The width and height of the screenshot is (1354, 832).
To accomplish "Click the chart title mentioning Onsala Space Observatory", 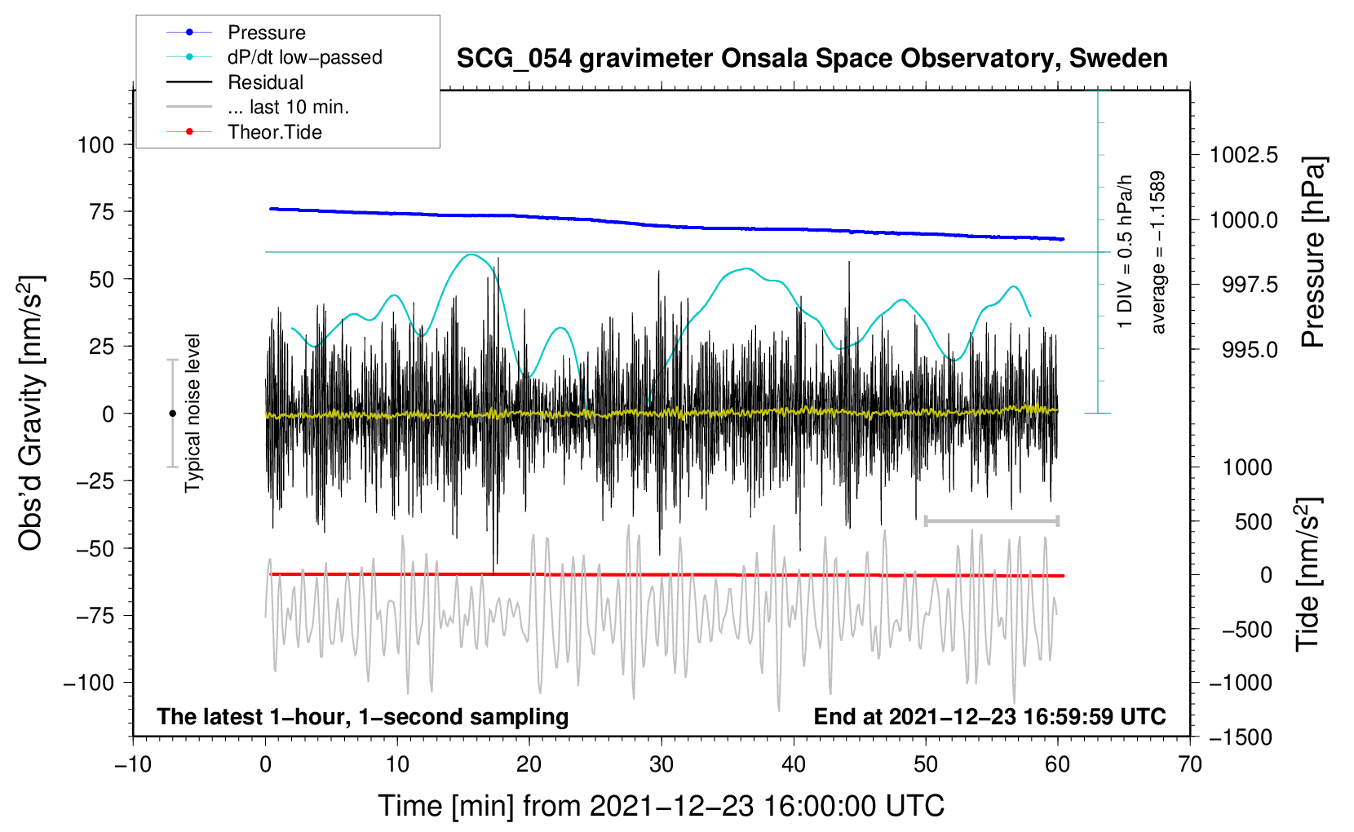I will [x=812, y=59].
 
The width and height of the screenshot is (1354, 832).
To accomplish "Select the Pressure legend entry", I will [x=267, y=33].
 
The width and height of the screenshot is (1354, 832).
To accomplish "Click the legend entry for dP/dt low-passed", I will [x=304, y=57].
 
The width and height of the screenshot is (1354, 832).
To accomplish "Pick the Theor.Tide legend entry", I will [x=275, y=132].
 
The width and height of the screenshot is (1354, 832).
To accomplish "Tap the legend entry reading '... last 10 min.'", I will [x=288, y=107].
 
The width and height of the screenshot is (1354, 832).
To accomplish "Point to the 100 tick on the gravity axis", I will [x=95, y=145].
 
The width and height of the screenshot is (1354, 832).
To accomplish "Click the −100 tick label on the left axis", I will [x=89, y=683].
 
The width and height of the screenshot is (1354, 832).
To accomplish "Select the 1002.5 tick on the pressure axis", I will [x=1243, y=155].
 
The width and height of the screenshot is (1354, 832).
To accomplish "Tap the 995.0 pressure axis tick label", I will [x=1250, y=350].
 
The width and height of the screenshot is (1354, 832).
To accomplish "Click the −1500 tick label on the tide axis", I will [x=1240, y=737].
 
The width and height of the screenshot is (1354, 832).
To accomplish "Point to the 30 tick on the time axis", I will [x=662, y=764].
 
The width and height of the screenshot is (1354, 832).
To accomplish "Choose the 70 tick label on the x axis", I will [x=1190, y=764].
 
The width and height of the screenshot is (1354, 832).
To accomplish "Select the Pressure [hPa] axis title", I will [x=1312, y=252].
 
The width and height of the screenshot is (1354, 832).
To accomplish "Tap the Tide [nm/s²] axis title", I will [x=1308, y=575].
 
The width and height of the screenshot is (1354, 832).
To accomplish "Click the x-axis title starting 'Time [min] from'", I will [x=662, y=806].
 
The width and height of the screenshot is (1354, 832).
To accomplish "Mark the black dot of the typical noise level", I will [x=172, y=414].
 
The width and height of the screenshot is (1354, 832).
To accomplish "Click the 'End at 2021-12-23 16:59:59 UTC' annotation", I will [x=989, y=717].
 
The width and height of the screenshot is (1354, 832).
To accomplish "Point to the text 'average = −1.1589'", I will [x=1157, y=252].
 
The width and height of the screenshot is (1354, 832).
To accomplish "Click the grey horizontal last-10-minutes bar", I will [x=991, y=520].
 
